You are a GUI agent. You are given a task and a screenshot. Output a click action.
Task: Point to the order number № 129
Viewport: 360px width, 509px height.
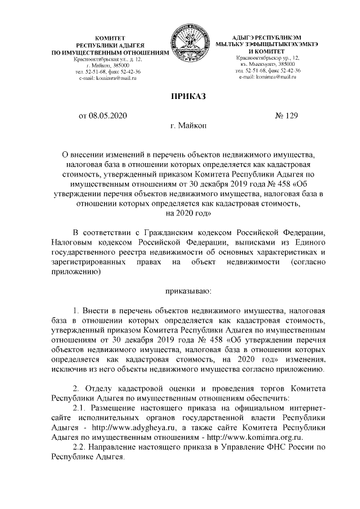click(286, 116)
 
